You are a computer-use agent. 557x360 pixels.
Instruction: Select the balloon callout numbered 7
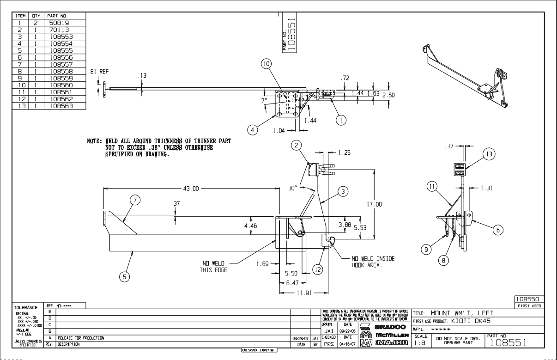(x=135, y=200)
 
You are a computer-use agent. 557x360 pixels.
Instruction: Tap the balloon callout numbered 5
(x=124, y=277)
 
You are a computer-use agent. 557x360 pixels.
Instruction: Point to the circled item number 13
(x=490, y=154)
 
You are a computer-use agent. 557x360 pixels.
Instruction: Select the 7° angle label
(x=264, y=100)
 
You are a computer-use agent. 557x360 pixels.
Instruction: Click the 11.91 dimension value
(x=303, y=293)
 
